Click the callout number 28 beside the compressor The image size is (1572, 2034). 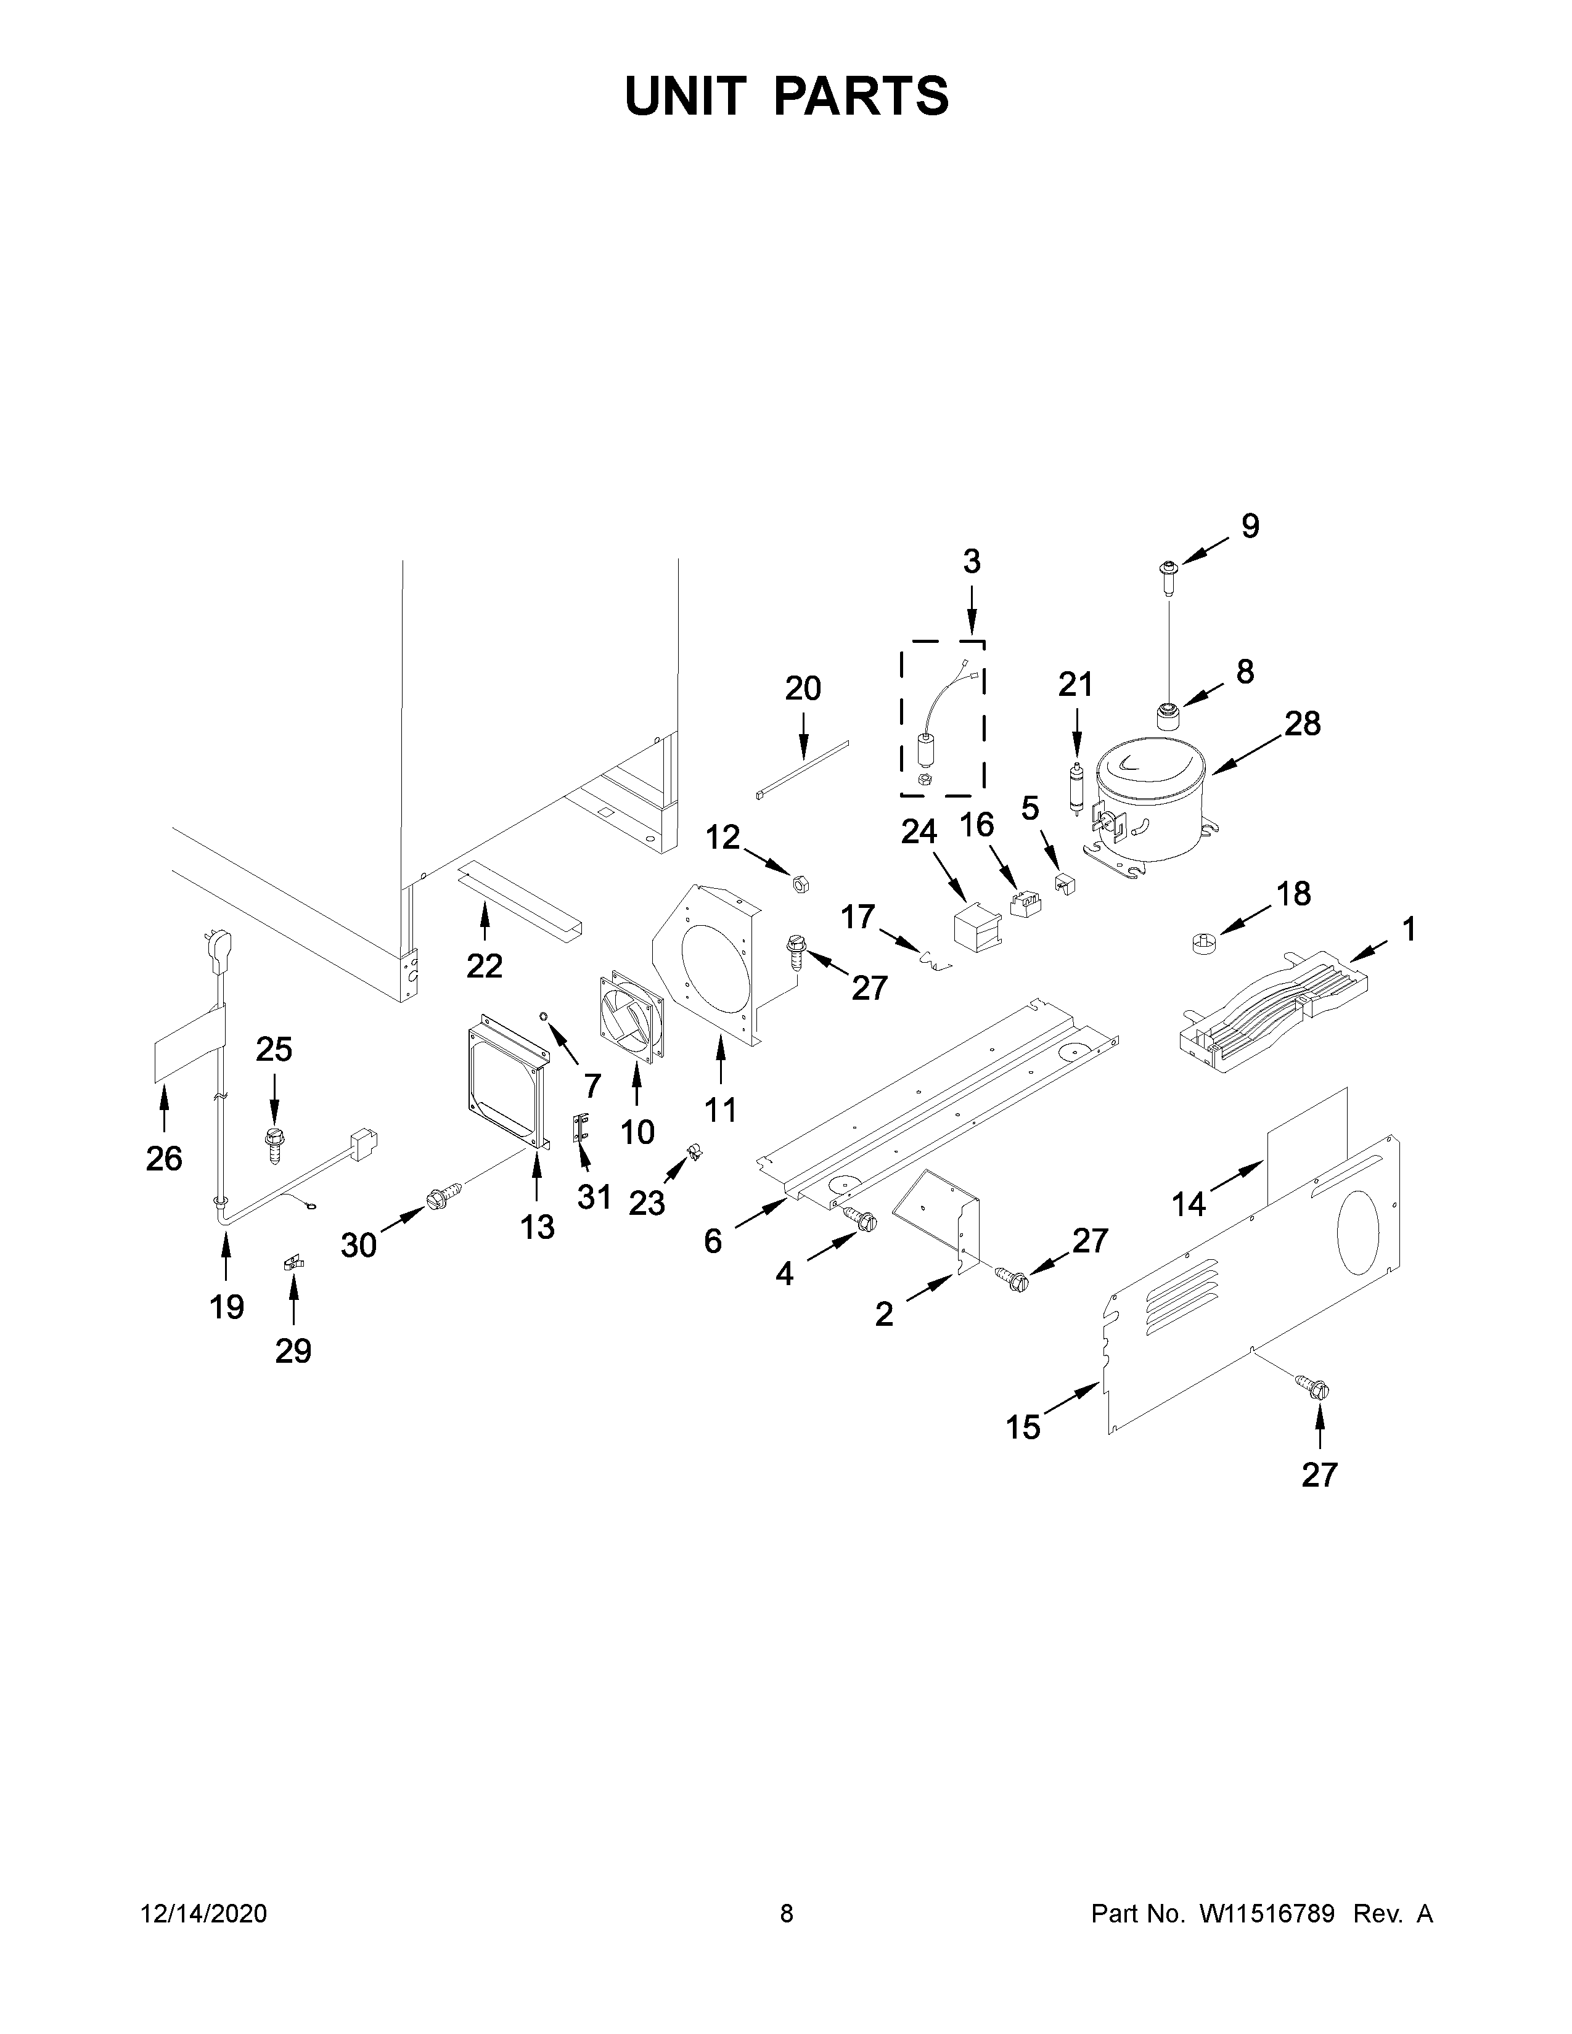[1302, 723]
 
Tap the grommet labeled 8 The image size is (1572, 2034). [1168, 717]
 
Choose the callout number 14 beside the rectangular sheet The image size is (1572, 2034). [1189, 1204]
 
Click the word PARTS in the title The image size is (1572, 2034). [861, 96]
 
